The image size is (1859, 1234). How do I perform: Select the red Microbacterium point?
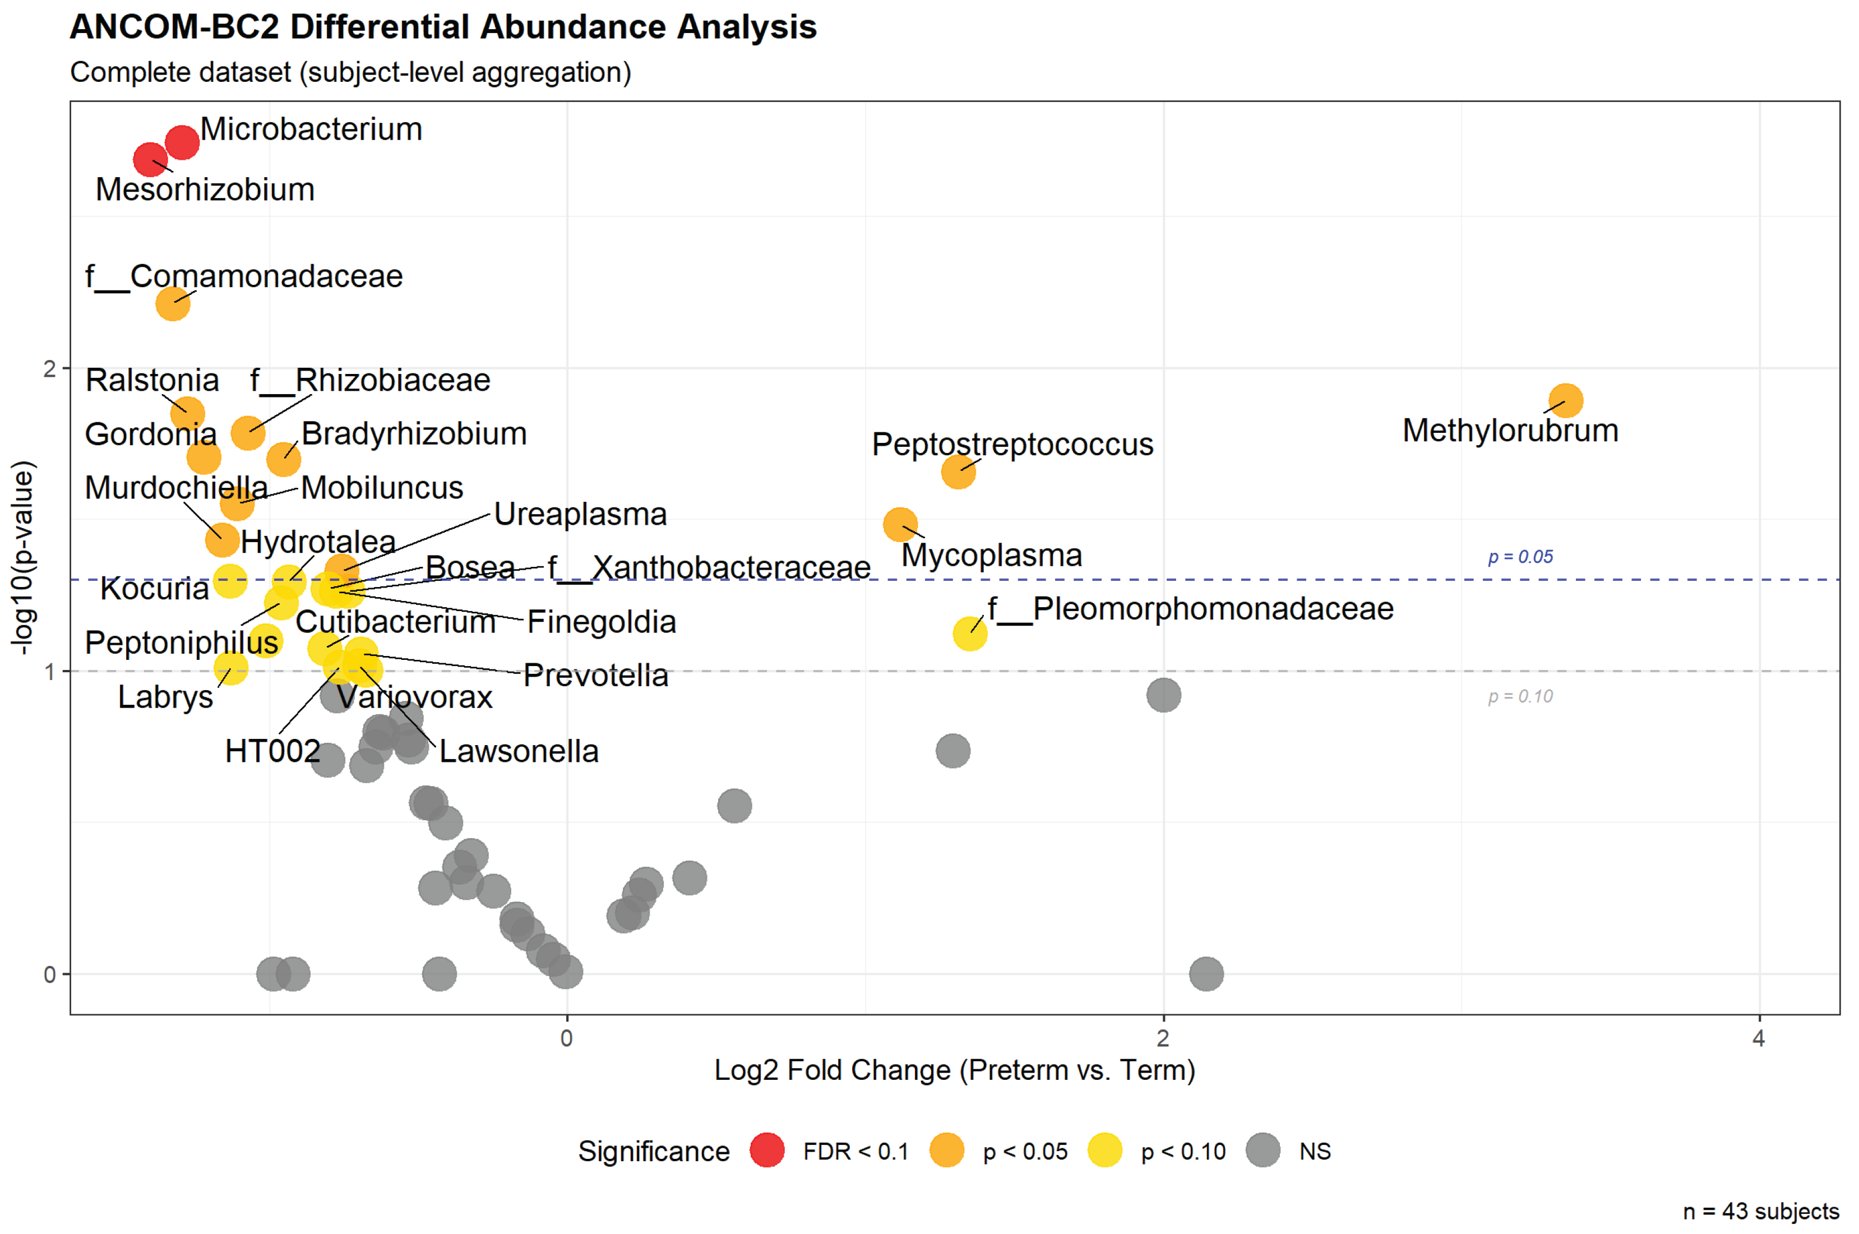click(182, 142)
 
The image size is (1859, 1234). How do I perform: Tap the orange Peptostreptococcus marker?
click(958, 472)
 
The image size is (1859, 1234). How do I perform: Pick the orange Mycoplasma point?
click(899, 524)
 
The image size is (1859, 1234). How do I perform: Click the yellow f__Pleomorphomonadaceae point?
click(969, 634)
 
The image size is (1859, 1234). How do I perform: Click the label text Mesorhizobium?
click(205, 190)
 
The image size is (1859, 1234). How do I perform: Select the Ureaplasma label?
click(580, 515)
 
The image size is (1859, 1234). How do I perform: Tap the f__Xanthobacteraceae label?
click(708, 567)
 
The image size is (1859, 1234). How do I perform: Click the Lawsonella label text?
click(519, 752)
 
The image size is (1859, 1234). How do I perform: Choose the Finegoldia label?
click(601, 622)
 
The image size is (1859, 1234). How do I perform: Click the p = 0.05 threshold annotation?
click(1519, 557)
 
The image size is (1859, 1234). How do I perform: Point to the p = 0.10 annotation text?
click(1519, 696)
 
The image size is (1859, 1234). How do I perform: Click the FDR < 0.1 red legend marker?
click(766, 1150)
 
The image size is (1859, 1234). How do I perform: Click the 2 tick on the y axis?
click(49, 369)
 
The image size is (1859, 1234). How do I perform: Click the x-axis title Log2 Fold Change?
click(954, 1070)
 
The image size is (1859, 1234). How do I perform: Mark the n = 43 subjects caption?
click(1760, 1211)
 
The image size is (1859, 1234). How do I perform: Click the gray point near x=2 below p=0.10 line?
click(1163, 695)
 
